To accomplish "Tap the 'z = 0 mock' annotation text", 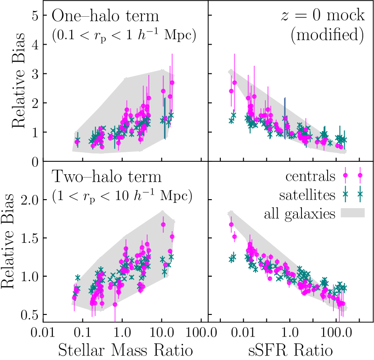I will tap(321, 17).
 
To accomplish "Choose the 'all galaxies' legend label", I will tap(300, 213).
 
